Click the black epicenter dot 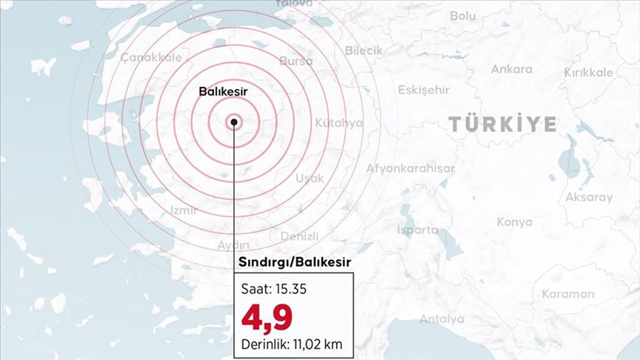tap(234, 122)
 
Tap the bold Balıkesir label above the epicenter tap(223, 91)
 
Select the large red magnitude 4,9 tap(267, 316)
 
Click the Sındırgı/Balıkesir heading tap(294, 262)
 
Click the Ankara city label tap(511, 69)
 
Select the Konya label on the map tap(515, 221)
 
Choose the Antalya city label tap(441, 319)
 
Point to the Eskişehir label tap(424, 90)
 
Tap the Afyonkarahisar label tap(410, 168)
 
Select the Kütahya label tap(339, 122)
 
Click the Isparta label tap(418, 230)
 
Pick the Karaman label tap(568, 293)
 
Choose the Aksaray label tap(589, 197)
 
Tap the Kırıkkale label tap(589, 72)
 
